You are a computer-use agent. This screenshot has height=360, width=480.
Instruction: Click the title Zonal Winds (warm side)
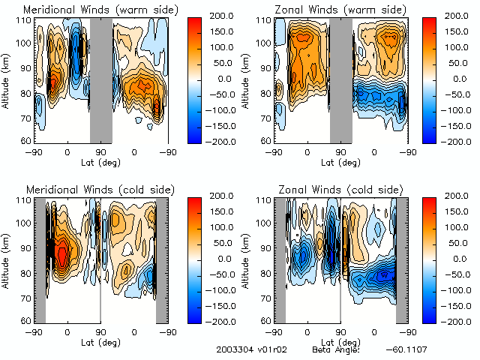coord(340,10)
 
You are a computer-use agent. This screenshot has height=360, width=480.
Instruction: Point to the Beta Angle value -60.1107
coord(406,350)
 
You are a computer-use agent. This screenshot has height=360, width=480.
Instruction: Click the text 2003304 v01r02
coord(248,350)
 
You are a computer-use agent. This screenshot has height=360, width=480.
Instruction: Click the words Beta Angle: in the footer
coord(336,350)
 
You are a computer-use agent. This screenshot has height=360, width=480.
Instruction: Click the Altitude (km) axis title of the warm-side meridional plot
coord(7,80)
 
